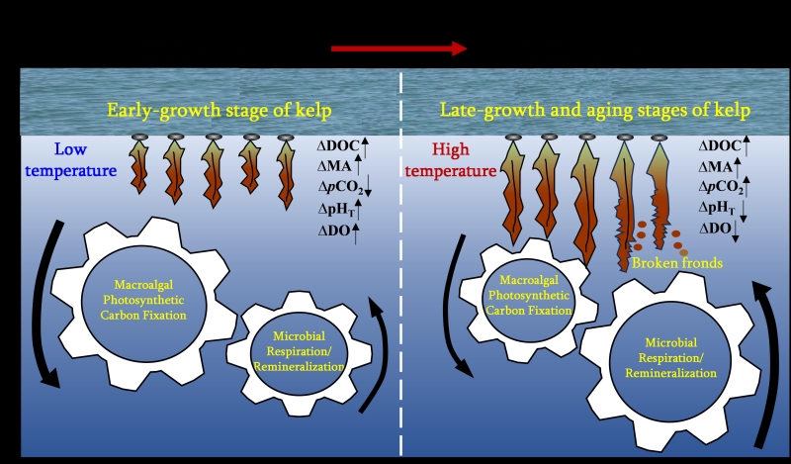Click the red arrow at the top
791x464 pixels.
[397, 47]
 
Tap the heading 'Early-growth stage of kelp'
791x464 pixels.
[210, 110]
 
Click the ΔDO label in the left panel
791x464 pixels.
[335, 230]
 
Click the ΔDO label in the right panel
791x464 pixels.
[716, 230]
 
